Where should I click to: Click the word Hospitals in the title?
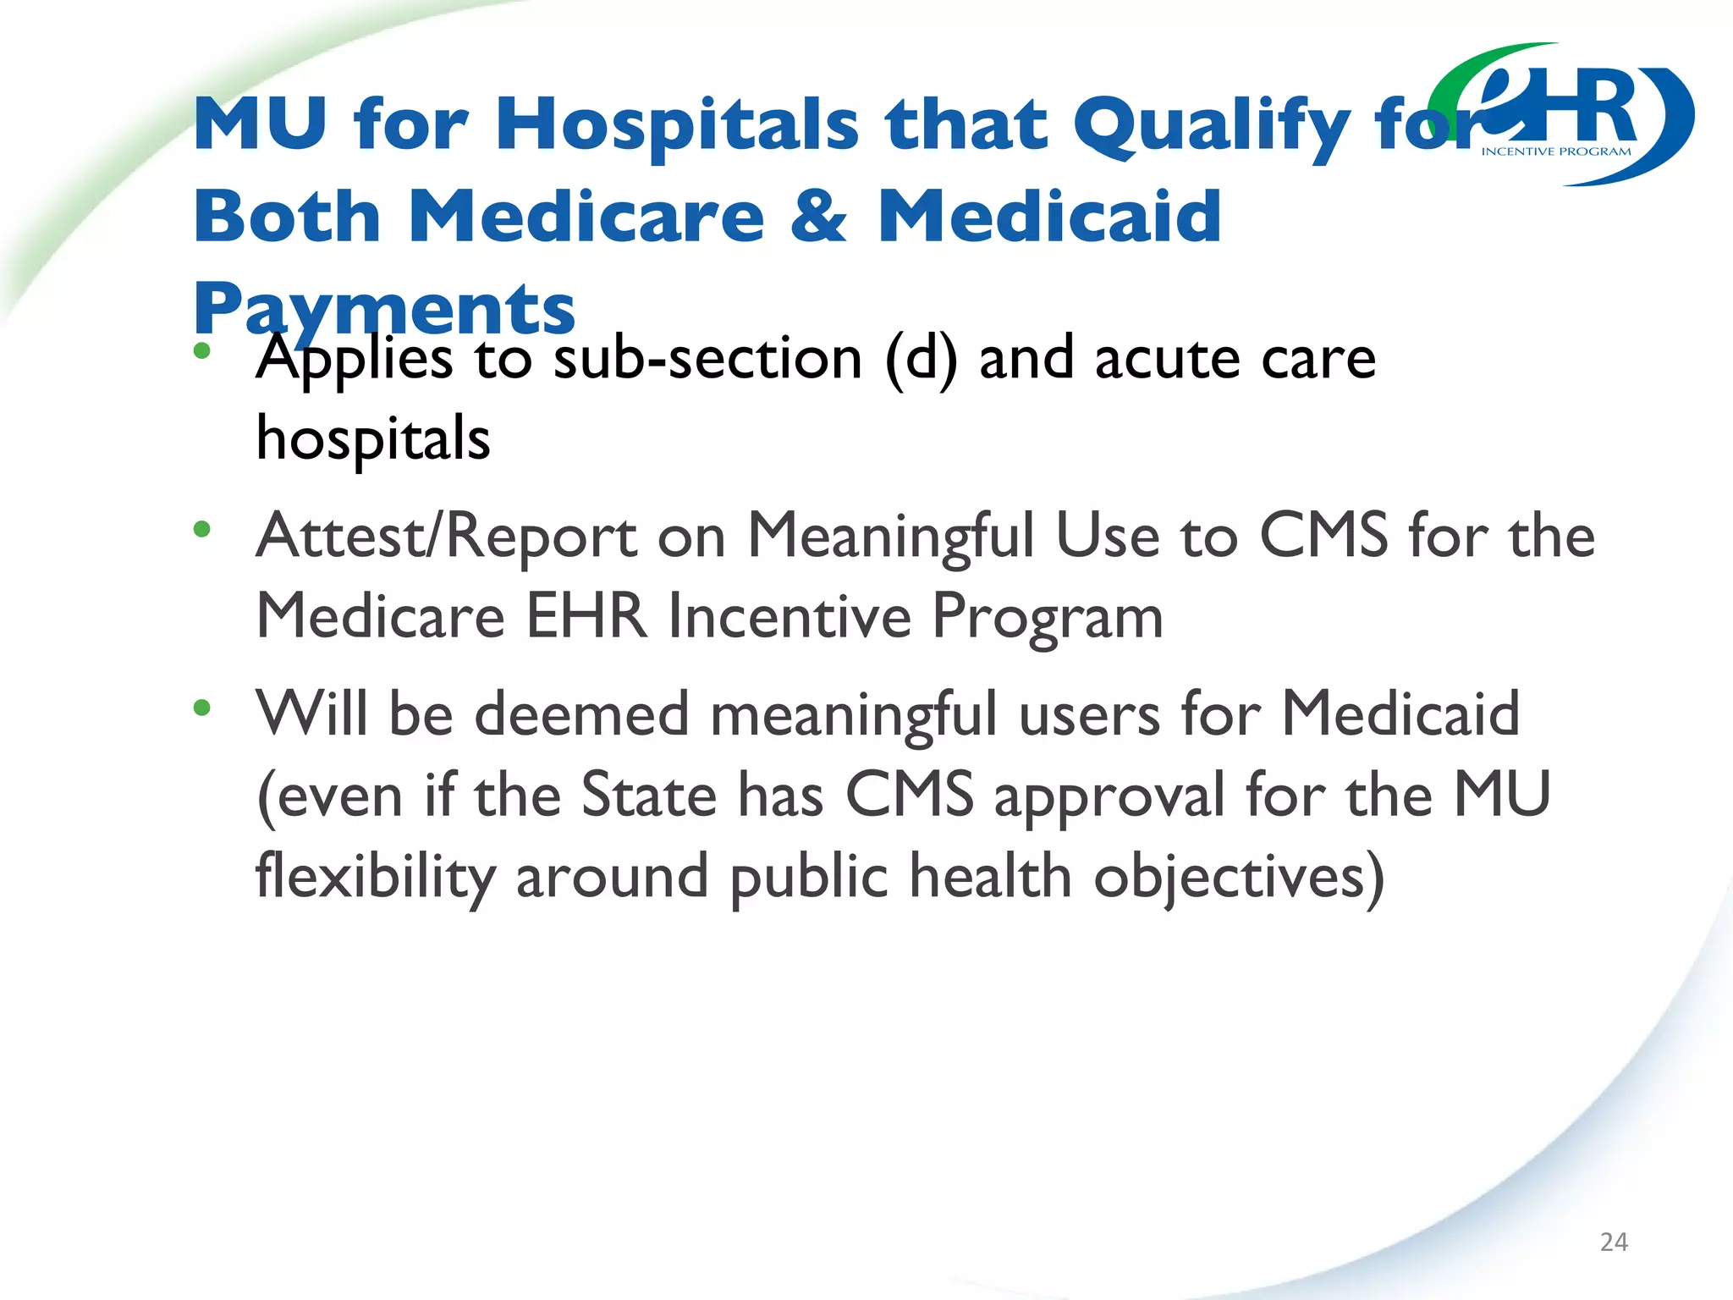click(x=677, y=125)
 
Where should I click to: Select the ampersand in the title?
click(x=818, y=216)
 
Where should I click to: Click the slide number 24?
click(x=1614, y=1242)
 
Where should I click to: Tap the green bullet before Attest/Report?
click(x=201, y=530)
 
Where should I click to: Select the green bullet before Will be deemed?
click(x=201, y=708)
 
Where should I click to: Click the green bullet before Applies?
click(x=201, y=350)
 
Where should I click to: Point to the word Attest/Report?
click(x=447, y=537)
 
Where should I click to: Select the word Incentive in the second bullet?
click(x=789, y=616)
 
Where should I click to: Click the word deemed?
click(x=581, y=714)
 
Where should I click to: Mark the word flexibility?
click(x=375, y=877)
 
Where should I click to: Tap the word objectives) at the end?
click(x=1239, y=877)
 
